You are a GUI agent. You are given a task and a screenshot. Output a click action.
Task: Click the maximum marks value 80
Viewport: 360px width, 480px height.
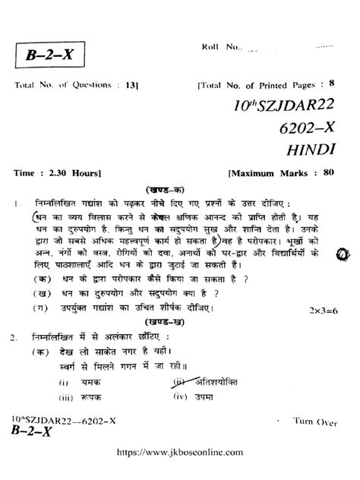click(x=327, y=172)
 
